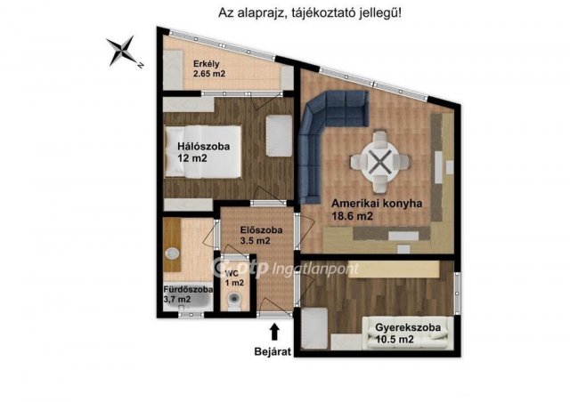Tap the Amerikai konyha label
coord(378,203)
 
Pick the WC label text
coord(232,273)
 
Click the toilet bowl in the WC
coord(233,300)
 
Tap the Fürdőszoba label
coord(187,289)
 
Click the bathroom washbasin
coord(170,253)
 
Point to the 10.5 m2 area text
coord(393,340)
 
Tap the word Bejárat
coord(275,352)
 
